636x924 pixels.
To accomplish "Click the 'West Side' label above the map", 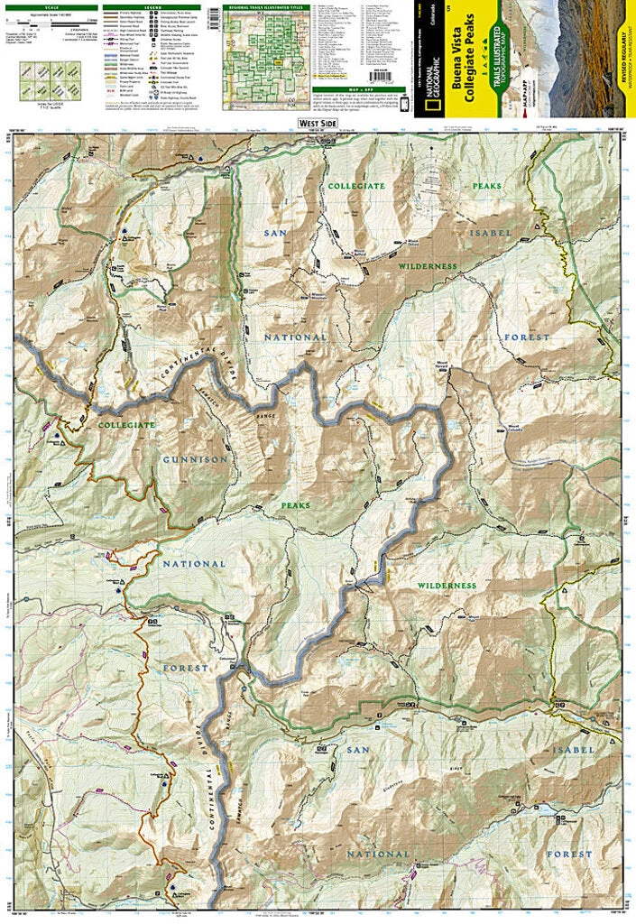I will click(318, 124).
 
